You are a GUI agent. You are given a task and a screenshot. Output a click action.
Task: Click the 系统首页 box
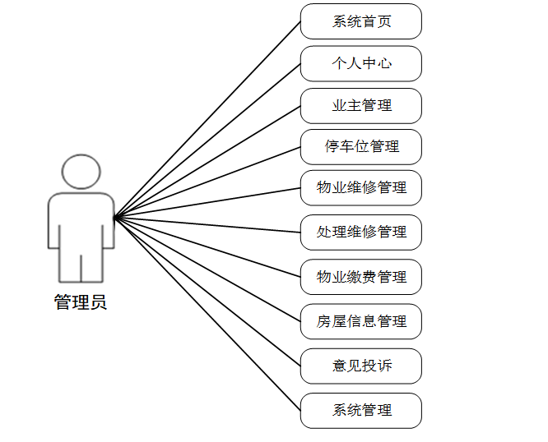[x=360, y=21]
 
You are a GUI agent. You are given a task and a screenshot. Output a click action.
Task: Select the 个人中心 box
[x=360, y=63]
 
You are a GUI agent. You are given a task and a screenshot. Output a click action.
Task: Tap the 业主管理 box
[x=360, y=105]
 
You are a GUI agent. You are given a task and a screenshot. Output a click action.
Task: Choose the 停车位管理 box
[x=360, y=147]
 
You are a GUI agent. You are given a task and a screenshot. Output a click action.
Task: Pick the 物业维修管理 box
[x=360, y=188]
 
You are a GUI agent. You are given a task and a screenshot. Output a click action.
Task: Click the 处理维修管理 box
[x=360, y=233]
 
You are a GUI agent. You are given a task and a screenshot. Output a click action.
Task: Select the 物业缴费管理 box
[x=360, y=277]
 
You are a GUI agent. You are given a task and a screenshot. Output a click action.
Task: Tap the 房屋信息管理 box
[x=360, y=321]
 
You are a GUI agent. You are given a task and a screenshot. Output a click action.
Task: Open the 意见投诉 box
[x=360, y=366]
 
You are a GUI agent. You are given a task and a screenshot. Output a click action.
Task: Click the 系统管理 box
[x=360, y=410]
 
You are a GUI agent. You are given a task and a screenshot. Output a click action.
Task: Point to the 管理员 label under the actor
[x=81, y=302]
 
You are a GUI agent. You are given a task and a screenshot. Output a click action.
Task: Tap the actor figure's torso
[x=81, y=222]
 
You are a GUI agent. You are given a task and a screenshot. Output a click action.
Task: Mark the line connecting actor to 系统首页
[x=207, y=119]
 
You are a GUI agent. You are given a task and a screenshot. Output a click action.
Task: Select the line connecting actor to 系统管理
[x=207, y=314]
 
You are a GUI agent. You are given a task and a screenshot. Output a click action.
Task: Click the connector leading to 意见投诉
[x=207, y=292]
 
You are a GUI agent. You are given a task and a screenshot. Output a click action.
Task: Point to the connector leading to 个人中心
[x=207, y=140]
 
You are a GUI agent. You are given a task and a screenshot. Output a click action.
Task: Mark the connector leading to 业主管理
[x=207, y=161]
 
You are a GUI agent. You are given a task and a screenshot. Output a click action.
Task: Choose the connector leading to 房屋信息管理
[x=207, y=269]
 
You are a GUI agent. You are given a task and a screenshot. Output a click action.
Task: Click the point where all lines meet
[x=114, y=217]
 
